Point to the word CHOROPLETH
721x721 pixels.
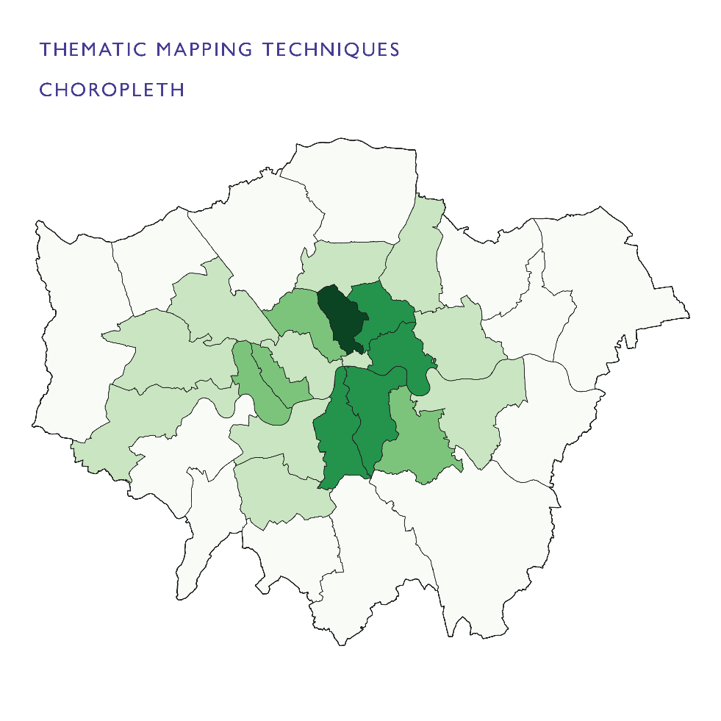click(x=111, y=90)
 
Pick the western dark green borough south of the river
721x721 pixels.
click(x=334, y=434)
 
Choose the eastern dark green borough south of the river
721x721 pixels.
click(x=371, y=412)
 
